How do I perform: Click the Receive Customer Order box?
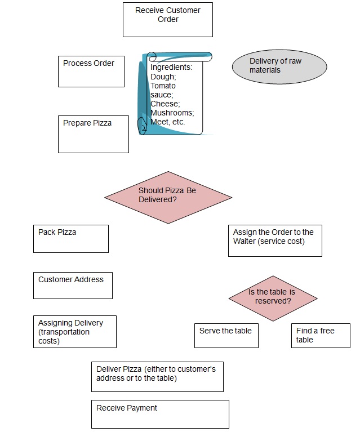point(167,20)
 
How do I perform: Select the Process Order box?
point(91,71)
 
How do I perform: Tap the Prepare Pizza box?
point(93,134)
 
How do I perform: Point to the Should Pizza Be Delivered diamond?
point(168,197)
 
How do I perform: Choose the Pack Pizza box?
point(70,239)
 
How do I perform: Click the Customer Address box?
point(73,285)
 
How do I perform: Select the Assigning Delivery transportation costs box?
point(75,332)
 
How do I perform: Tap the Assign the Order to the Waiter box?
point(275,241)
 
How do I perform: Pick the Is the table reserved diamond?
point(273,298)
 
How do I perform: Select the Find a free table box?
point(321,336)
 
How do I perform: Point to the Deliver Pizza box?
point(157,376)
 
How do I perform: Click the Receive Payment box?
point(160,414)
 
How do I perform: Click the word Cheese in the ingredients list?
point(164,104)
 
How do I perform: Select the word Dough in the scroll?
point(163,77)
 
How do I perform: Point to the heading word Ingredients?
point(171,68)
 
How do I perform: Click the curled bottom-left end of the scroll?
point(143,127)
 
